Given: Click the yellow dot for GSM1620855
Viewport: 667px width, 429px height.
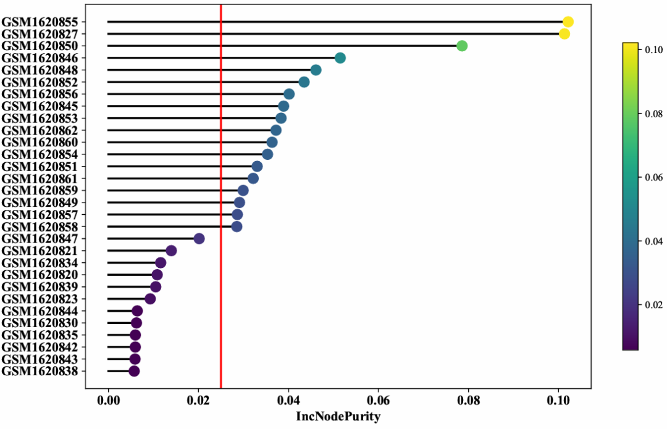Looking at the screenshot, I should coord(568,22).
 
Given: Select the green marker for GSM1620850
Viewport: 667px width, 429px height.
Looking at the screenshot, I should coord(461,46).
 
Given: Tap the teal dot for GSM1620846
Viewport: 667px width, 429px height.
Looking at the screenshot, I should coord(340,58).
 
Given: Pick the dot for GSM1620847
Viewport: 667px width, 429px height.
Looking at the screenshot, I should coord(199,239).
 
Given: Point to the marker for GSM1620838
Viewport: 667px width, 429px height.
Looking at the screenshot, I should coord(134,371).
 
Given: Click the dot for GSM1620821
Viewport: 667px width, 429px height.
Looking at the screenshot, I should coord(172,251).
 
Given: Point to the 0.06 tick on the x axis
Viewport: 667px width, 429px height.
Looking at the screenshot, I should coord(378,401).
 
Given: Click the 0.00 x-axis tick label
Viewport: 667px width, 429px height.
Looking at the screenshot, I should coord(108,401).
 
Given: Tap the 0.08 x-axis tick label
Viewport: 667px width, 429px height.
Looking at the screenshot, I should coord(468,401).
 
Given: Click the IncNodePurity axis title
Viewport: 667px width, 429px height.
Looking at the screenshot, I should coord(338,417).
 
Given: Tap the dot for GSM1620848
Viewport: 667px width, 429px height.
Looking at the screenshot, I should coord(316,70).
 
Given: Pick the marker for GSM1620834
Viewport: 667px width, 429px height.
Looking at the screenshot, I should coord(161,263).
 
